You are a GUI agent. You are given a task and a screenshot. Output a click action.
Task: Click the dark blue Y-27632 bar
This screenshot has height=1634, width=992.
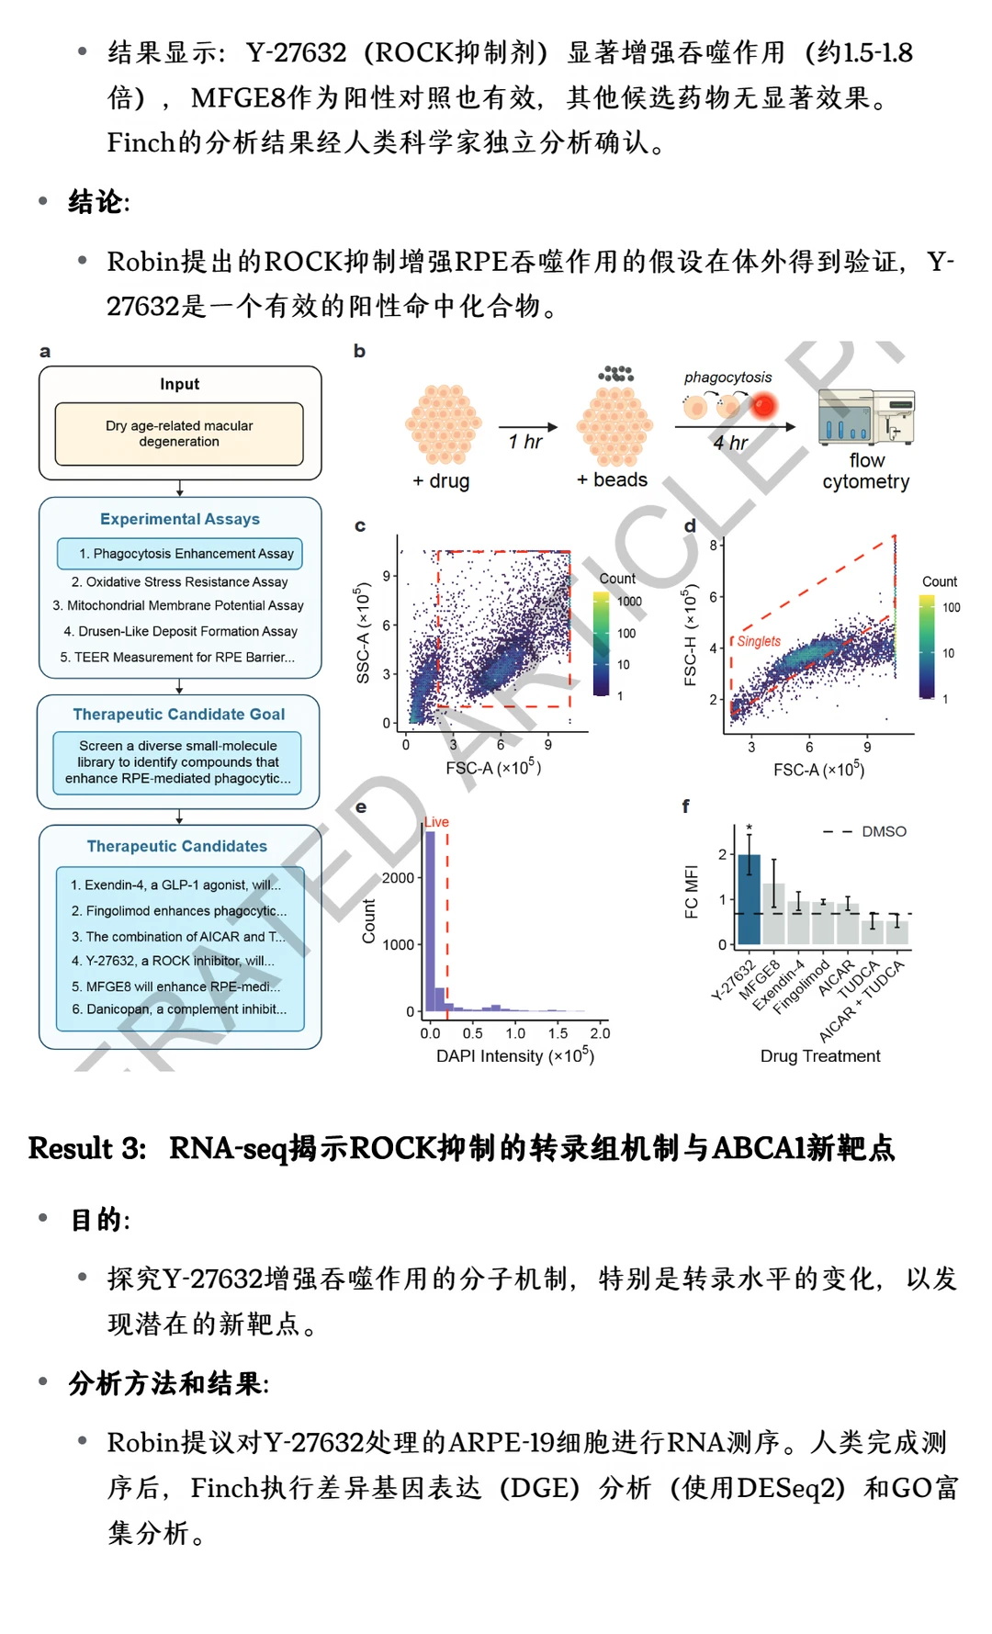(x=750, y=899)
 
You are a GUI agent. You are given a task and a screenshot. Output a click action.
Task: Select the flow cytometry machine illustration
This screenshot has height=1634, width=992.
(x=866, y=416)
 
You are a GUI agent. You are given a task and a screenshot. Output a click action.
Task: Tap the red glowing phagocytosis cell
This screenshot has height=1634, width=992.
(x=763, y=405)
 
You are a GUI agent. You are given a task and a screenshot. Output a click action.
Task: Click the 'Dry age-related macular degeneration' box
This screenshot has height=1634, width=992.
(x=179, y=434)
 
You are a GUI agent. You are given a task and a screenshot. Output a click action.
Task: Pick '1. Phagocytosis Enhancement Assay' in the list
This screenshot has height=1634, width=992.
(x=186, y=554)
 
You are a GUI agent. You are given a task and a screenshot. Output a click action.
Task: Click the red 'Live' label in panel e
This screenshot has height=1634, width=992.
(x=436, y=822)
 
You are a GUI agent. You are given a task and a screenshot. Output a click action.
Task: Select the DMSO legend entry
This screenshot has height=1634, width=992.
(x=865, y=831)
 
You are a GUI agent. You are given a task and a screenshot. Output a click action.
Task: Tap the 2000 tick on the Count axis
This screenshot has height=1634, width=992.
(x=398, y=878)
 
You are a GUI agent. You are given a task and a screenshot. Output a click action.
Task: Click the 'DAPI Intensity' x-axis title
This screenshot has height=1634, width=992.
(x=515, y=1055)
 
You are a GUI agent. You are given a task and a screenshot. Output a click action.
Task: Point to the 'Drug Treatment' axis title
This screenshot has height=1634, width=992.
(x=820, y=1056)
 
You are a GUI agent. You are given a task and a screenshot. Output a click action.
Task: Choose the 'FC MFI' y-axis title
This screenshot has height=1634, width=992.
(x=692, y=892)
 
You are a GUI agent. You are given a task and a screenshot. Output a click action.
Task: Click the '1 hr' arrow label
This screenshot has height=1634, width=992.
(x=525, y=442)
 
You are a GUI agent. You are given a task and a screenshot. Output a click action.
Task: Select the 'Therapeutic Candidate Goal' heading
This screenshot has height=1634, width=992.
(x=179, y=714)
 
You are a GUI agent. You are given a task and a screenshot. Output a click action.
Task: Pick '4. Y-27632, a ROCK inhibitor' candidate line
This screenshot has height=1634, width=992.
(x=173, y=961)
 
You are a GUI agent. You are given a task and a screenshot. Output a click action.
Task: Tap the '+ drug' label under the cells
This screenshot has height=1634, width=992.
(x=441, y=480)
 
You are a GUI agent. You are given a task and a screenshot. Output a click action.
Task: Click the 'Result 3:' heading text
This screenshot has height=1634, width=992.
(x=87, y=1148)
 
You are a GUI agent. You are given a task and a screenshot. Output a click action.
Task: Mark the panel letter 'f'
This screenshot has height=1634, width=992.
(x=685, y=806)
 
